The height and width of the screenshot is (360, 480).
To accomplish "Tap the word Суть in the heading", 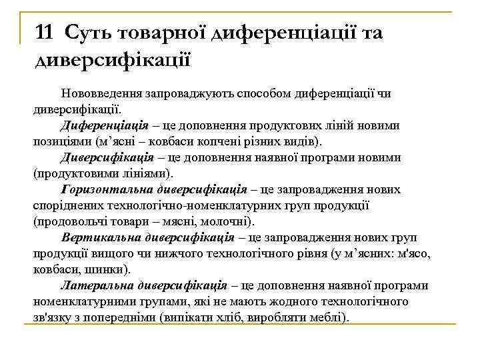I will (x=89, y=32).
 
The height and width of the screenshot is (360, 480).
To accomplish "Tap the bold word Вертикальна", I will (x=97, y=237).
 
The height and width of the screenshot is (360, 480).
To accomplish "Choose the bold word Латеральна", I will (x=95, y=286).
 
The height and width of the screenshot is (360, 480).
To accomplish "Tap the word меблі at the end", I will (x=328, y=318).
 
